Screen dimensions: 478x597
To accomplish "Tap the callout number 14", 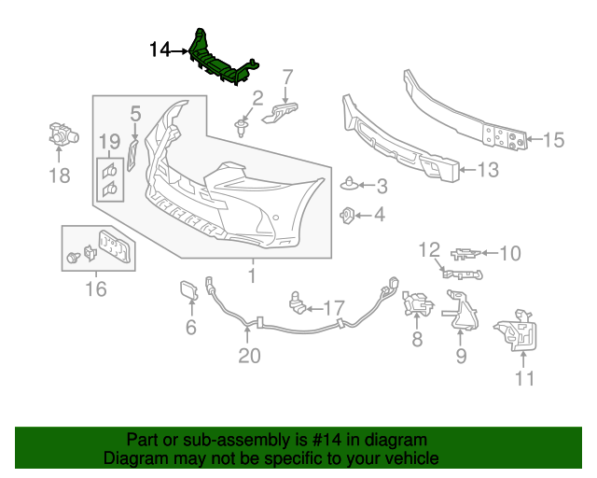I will click(160, 49).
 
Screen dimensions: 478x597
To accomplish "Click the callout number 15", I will click(554, 140).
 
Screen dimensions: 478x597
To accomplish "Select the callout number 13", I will click(489, 170).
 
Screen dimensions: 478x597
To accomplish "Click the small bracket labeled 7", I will click(283, 112).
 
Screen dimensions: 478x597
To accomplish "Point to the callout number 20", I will click(249, 355).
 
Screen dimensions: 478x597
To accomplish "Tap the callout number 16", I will click(96, 289).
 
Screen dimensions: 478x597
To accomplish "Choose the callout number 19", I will click(110, 141).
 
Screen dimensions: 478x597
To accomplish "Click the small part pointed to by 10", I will click(466, 252).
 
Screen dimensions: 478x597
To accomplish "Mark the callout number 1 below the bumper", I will click(251, 275).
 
